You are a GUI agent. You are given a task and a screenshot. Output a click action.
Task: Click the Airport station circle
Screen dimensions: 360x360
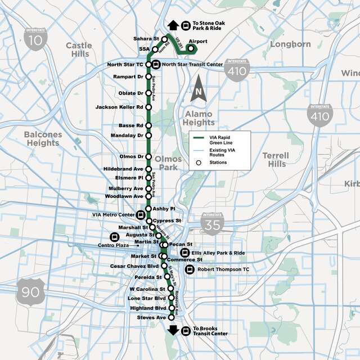tap(191, 48)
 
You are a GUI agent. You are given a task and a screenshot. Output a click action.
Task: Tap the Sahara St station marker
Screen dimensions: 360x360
tap(165, 39)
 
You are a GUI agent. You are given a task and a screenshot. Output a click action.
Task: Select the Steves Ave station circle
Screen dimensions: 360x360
tap(172, 318)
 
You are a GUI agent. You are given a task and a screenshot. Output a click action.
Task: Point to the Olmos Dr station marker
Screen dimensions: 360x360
tap(148, 156)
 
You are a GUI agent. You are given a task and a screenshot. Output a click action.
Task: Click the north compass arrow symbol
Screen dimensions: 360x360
tap(197, 92)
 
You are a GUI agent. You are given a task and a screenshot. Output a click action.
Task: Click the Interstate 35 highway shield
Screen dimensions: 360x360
tap(212, 223)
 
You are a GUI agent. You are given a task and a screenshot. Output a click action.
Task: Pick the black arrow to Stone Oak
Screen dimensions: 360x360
tap(173, 25)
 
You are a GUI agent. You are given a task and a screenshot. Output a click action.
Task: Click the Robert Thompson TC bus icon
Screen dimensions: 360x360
tap(188, 270)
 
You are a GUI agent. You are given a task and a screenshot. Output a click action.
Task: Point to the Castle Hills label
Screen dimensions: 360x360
tap(78, 49)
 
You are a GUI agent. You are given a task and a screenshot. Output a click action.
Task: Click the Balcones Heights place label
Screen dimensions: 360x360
tap(42, 138)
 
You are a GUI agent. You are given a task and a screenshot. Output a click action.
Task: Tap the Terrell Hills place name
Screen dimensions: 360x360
tap(277, 159)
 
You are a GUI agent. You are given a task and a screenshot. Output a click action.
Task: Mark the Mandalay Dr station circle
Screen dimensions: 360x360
tap(148, 136)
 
